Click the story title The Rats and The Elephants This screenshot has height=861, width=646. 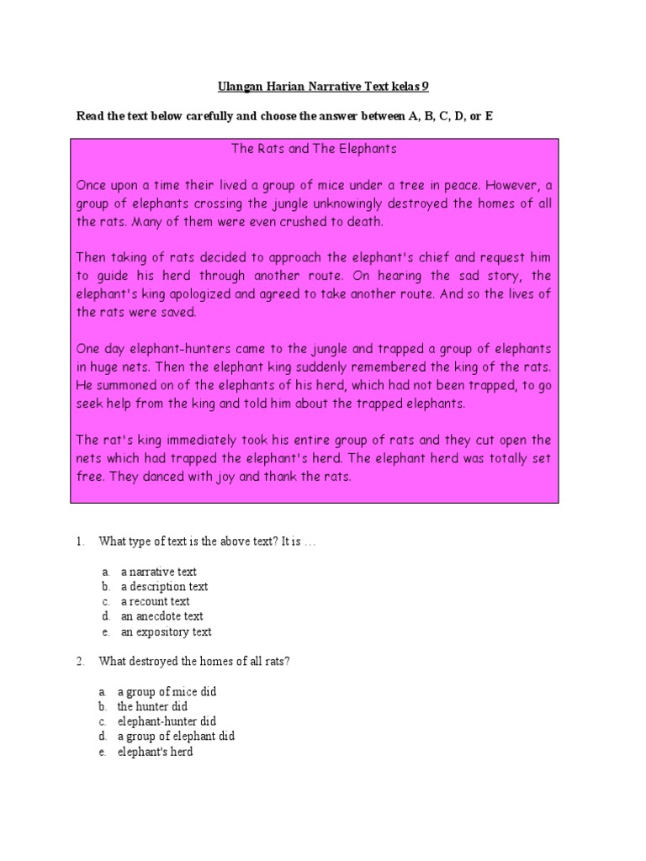click(314, 149)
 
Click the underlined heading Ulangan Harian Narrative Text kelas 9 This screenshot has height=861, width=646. click(324, 87)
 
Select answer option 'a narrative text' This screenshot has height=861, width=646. click(158, 572)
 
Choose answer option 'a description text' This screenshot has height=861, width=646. click(164, 587)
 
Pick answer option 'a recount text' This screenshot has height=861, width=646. click(155, 602)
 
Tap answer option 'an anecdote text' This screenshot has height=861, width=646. click(161, 616)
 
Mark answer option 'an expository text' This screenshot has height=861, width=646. click(166, 631)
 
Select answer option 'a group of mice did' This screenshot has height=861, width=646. click(167, 691)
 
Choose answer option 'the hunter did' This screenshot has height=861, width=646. click(152, 706)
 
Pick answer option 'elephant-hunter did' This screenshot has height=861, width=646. click(167, 721)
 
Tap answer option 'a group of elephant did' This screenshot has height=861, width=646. click(176, 737)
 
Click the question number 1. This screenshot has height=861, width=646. click(80, 542)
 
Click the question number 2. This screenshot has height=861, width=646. click(80, 662)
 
